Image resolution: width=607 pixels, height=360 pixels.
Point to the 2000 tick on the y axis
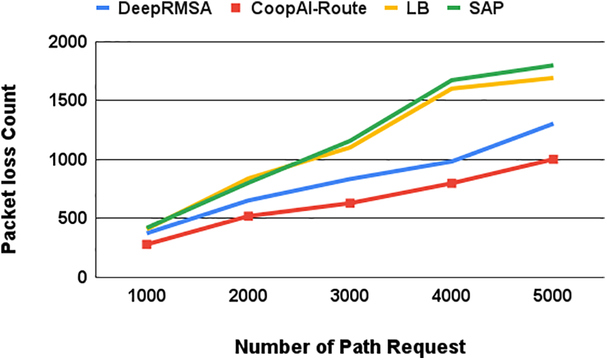click(69, 42)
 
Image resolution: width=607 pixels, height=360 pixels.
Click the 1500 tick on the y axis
click(69, 101)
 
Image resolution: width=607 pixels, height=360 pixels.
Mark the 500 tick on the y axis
click(74, 219)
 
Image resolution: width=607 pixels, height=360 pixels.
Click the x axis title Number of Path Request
click(349, 347)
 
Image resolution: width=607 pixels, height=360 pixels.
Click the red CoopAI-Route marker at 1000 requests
click(146, 244)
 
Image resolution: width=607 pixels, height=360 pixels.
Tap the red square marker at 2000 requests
click(248, 216)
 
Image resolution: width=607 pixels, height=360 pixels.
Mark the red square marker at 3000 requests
click(349, 202)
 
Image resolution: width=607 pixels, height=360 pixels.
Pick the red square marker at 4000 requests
click(451, 183)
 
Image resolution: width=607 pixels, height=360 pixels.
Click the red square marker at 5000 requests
click(553, 160)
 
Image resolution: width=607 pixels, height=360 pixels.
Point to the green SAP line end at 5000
click(553, 65)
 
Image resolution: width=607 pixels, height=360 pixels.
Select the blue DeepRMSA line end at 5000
click(553, 123)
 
